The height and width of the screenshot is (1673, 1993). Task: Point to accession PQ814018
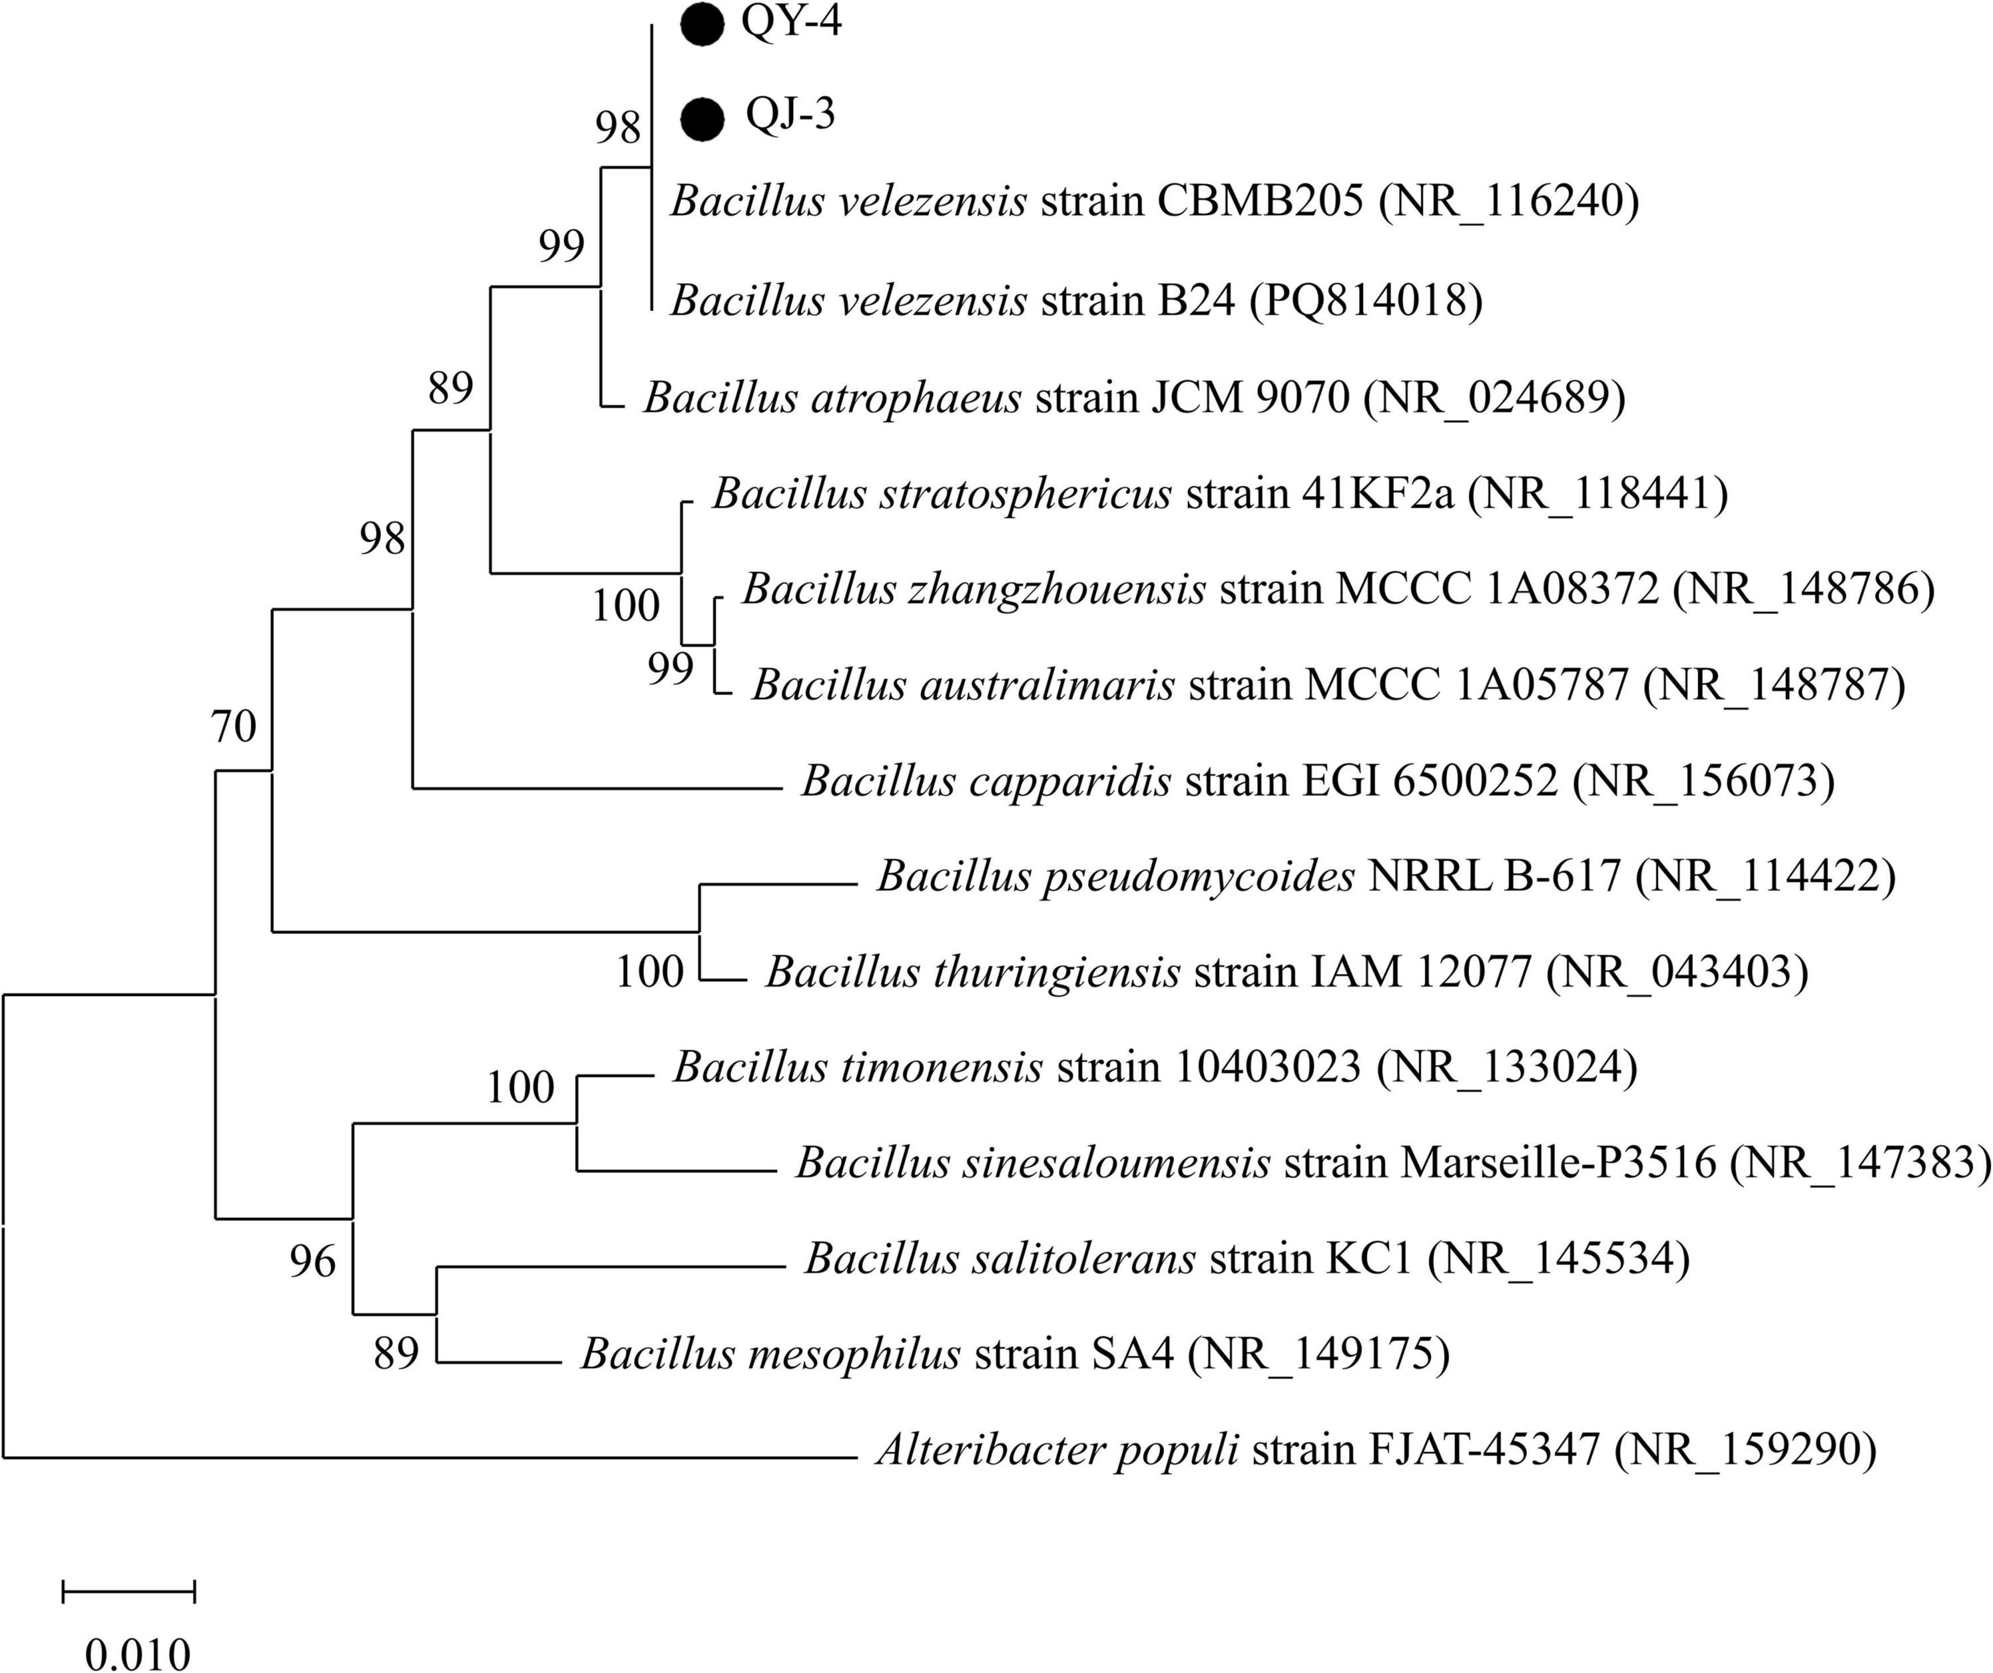1365,301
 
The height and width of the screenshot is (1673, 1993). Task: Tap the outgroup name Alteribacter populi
1057,1450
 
